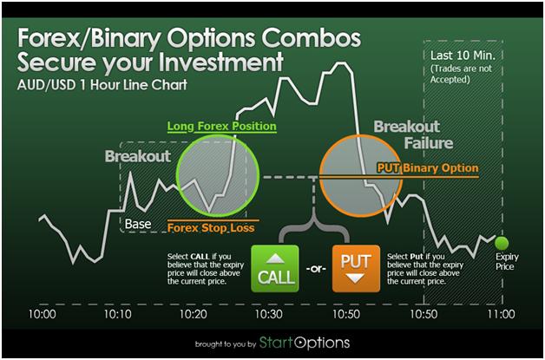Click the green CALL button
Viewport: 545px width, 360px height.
[x=275, y=269]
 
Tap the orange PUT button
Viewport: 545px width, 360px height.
[x=356, y=269]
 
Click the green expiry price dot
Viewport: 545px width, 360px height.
[x=502, y=243]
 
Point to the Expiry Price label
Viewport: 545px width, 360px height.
[x=507, y=262]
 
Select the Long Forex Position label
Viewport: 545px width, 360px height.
[x=222, y=126]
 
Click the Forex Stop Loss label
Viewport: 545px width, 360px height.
[x=211, y=228]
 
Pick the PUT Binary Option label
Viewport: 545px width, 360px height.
[x=428, y=168]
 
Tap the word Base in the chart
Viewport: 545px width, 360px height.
[x=138, y=224]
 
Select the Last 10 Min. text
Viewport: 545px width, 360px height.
[x=463, y=56]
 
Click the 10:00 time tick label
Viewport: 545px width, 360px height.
[x=42, y=314]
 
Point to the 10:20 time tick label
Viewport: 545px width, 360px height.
[x=194, y=314]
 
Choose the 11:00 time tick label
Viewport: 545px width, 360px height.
[x=501, y=314]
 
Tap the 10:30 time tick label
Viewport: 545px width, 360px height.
[x=269, y=314]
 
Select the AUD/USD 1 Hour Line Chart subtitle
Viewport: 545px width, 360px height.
[x=102, y=85]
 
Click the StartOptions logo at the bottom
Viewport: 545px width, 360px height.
[x=305, y=343]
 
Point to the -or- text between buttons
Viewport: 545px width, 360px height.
[x=316, y=269]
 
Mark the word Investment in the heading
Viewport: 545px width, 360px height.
[x=221, y=62]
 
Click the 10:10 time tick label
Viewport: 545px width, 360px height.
[x=118, y=314]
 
